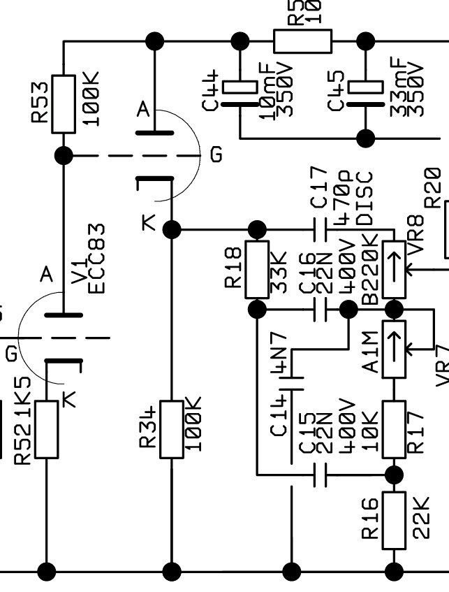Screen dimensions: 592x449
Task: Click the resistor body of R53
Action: tap(64, 104)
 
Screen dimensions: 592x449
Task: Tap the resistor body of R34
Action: tap(171, 429)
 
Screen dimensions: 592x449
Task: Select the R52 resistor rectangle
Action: tap(47, 429)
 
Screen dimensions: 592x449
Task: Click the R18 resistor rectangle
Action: tap(258, 267)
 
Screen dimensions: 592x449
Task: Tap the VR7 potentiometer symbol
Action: tap(395, 349)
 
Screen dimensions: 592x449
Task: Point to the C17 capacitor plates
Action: tap(320, 229)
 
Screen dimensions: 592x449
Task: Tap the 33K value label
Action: tap(279, 267)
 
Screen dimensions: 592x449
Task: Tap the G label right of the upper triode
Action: tap(216, 154)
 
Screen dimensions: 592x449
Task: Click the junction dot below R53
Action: tap(64, 155)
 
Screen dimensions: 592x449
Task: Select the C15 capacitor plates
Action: tap(320, 476)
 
